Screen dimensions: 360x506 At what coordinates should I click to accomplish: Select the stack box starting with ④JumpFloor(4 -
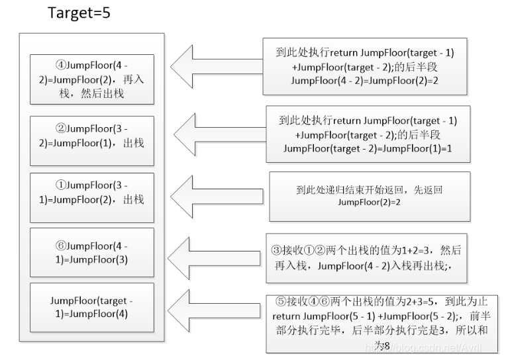point(92,79)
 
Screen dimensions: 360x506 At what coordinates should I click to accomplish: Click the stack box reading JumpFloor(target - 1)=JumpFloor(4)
point(92,307)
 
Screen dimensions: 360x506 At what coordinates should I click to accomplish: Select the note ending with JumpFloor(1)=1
point(368,134)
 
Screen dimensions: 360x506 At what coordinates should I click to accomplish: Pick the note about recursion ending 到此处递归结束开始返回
point(369,196)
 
